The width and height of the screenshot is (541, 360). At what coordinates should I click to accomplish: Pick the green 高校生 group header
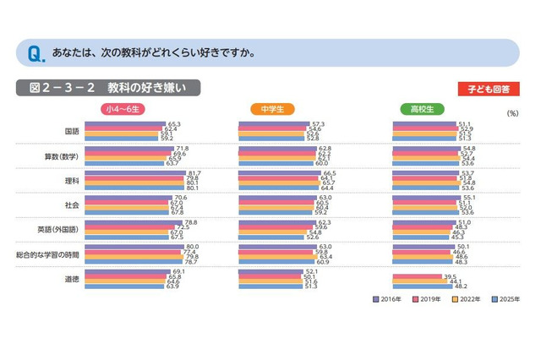422,109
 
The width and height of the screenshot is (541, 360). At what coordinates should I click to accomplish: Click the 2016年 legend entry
389,298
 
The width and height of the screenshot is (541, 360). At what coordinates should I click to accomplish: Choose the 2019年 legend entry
428,298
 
